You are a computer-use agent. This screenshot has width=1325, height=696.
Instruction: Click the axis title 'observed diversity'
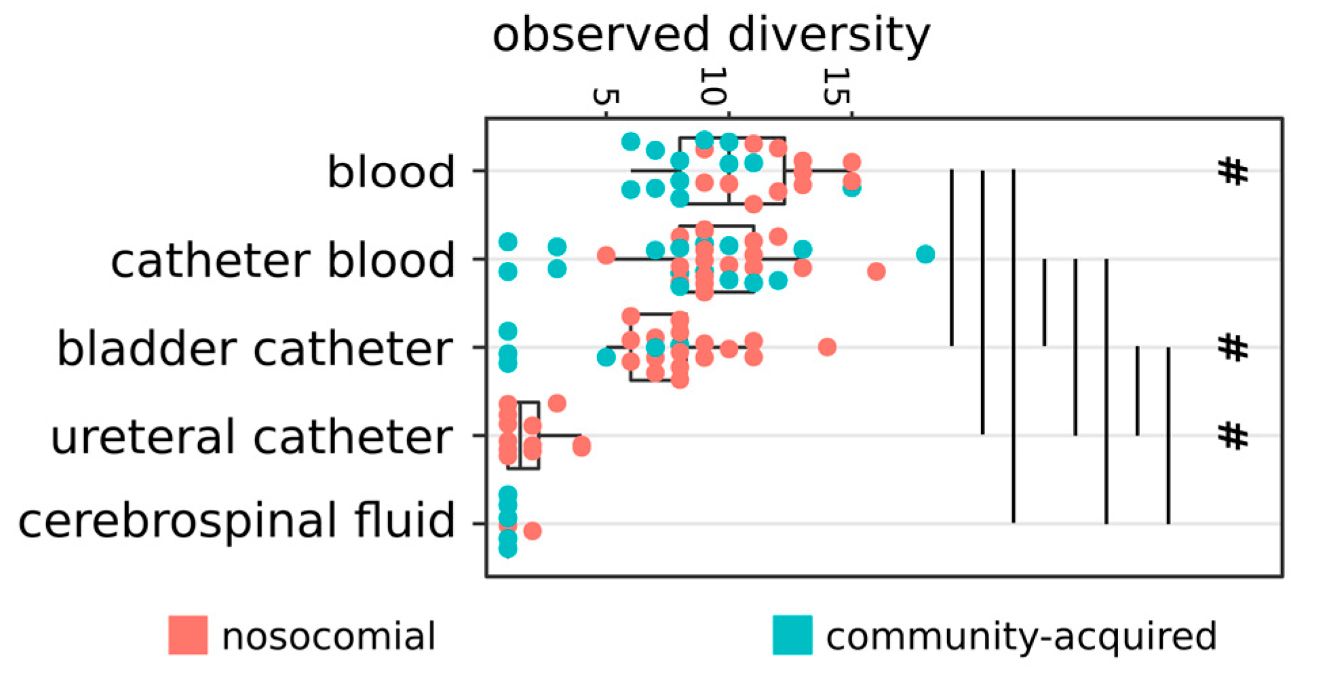pyautogui.click(x=710, y=35)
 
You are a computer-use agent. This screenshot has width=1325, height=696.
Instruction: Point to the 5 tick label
pyautogui.click(x=605, y=96)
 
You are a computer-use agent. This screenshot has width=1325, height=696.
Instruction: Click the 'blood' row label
pyautogui.click(x=391, y=172)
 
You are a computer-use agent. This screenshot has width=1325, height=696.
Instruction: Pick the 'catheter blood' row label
pyautogui.click(x=282, y=260)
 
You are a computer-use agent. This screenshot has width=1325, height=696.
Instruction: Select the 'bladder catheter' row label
pyautogui.click(x=254, y=349)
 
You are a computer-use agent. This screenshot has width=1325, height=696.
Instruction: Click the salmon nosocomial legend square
pyautogui.click(x=188, y=635)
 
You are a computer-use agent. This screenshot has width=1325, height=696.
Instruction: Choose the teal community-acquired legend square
pyautogui.click(x=792, y=635)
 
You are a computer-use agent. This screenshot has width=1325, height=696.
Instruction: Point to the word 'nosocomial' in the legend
pyautogui.click(x=329, y=636)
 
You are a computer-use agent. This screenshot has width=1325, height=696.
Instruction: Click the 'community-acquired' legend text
pyautogui.click(x=1021, y=636)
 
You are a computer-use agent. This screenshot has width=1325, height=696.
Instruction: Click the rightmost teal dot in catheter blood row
pyautogui.click(x=925, y=254)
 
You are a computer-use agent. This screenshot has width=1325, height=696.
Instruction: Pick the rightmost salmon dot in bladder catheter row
pyautogui.click(x=826, y=347)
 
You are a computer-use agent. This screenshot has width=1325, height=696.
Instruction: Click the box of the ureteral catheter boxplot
pyautogui.click(x=529, y=435)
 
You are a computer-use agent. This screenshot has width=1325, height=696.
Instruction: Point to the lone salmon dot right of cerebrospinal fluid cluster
pyautogui.click(x=533, y=530)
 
